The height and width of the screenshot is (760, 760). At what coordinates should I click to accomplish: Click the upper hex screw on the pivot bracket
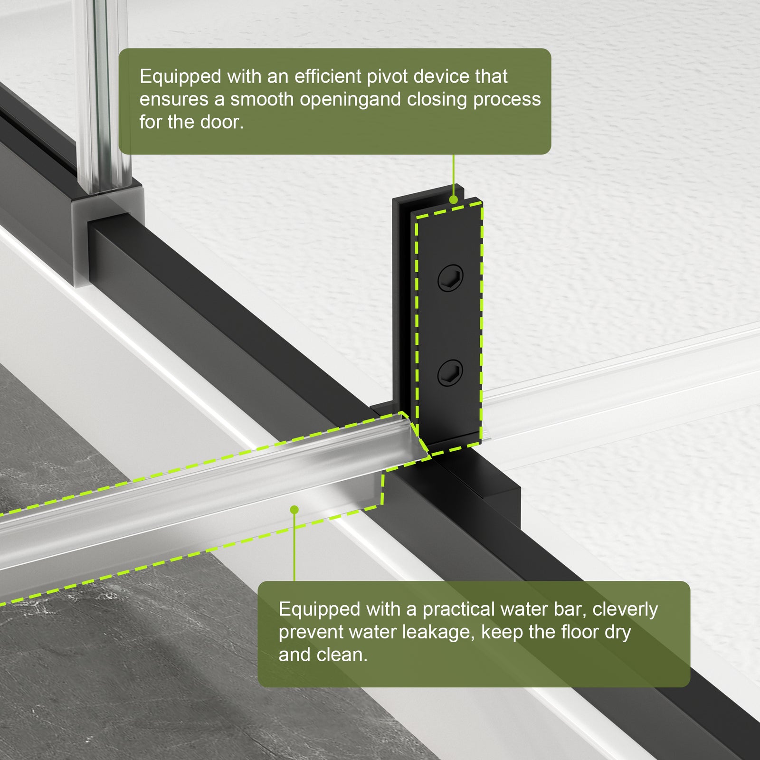(x=450, y=278)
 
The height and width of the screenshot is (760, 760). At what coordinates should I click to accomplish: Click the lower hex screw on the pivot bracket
(x=450, y=372)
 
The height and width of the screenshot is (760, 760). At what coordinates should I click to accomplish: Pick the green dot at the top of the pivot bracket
(x=454, y=200)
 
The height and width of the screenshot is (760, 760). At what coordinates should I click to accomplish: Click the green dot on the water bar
(x=294, y=510)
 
